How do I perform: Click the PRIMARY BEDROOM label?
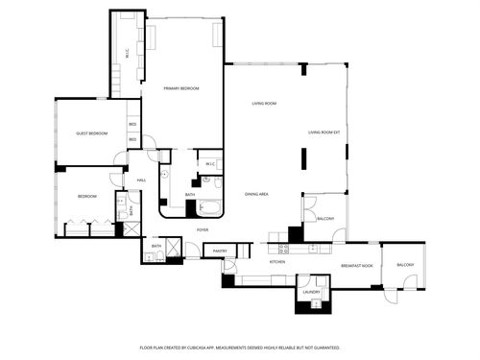[180, 88]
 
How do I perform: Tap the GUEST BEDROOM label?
[91, 133]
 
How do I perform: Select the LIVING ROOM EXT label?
[324, 132]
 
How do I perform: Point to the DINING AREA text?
[255, 194]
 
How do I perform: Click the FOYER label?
[203, 230]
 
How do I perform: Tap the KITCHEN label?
[277, 262]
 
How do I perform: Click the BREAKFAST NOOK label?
[356, 265]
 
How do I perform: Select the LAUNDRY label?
[311, 291]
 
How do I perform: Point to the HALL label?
[141, 180]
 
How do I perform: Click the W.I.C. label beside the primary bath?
[209, 164]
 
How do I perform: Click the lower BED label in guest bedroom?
[132, 141]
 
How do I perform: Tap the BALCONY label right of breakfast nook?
[405, 265]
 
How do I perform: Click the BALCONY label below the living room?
[325, 219]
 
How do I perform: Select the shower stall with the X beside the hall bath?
[173, 250]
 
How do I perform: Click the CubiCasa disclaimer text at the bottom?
[239, 348]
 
